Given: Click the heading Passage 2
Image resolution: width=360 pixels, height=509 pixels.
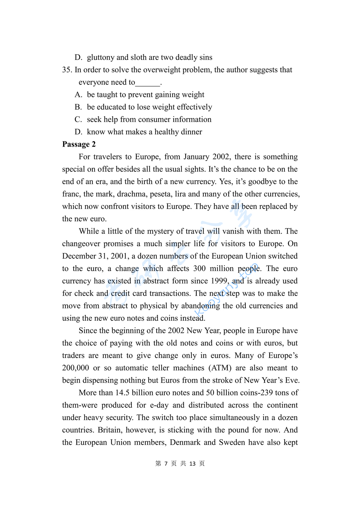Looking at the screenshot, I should [79, 144].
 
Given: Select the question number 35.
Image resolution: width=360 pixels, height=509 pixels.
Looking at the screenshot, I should [67, 70].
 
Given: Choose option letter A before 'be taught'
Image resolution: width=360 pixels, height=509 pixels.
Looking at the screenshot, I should [78, 95].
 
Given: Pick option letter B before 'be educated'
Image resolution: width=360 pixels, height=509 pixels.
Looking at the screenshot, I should [78, 107].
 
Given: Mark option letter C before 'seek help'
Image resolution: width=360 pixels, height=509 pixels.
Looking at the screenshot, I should [78, 119].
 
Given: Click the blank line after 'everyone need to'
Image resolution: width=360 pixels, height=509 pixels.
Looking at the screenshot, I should [148, 83].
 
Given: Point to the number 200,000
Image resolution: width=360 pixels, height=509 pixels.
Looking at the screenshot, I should [75, 368].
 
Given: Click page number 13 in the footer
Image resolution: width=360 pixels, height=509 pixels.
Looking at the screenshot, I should [192, 464].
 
